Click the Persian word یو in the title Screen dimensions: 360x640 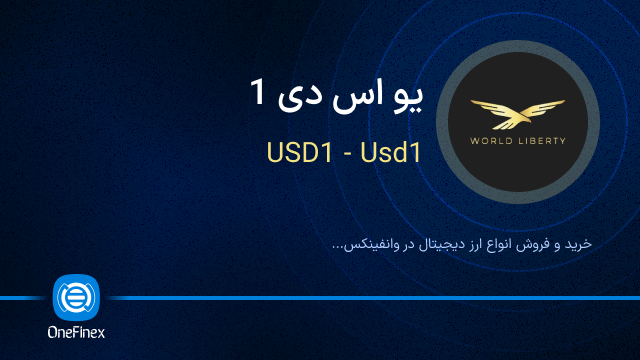pyautogui.click(x=408, y=98)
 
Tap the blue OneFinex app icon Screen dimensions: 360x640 pyautogui.click(x=76, y=297)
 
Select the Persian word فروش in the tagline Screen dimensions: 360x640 pyautogui.click(x=534, y=243)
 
